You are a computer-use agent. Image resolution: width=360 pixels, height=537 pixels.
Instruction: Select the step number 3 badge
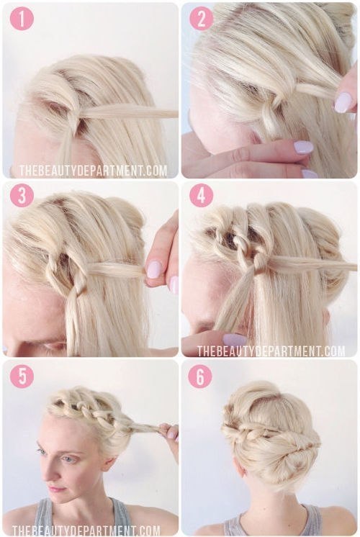[x=22, y=196]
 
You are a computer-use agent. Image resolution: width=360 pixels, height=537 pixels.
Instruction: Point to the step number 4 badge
[x=201, y=196]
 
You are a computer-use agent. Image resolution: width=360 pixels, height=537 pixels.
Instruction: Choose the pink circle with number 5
[x=22, y=376]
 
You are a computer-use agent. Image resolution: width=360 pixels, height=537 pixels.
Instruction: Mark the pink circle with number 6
[x=201, y=376]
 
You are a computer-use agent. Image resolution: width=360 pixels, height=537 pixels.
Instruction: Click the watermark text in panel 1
[x=93, y=171]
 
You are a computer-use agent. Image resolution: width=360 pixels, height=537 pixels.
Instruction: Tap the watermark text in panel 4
[x=271, y=351]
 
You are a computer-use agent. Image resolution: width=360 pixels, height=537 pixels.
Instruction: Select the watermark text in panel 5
[x=86, y=531]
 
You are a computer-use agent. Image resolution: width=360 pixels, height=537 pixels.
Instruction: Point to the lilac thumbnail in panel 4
[x=235, y=339]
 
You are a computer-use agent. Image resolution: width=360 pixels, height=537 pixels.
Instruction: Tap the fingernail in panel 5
[x=171, y=433]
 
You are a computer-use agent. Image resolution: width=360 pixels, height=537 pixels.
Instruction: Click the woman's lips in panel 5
[x=58, y=489]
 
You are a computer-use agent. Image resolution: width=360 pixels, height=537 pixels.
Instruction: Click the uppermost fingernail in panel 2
[x=343, y=102]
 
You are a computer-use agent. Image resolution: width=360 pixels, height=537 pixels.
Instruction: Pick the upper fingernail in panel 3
[x=154, y=269]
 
